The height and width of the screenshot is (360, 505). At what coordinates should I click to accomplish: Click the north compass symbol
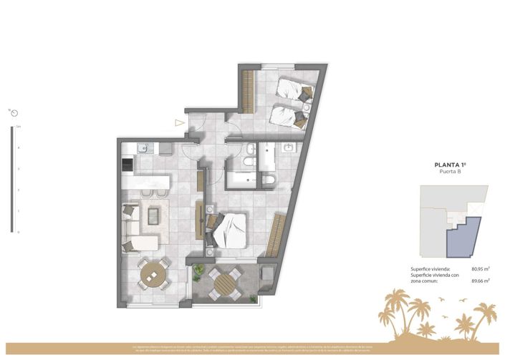click(14, 112)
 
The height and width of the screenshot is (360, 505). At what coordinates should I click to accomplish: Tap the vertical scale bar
click(11, 179)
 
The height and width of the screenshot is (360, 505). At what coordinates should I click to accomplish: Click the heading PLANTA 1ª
click(451, 165)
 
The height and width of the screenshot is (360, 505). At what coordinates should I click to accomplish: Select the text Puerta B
click(451, 172)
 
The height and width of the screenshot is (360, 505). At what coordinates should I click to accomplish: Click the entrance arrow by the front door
click(179, 122)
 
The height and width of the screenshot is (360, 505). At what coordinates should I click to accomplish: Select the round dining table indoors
click(153, 273)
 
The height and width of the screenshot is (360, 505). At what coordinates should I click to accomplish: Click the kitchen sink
click(142, 148)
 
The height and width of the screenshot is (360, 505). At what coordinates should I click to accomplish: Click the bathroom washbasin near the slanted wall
click(289, 148)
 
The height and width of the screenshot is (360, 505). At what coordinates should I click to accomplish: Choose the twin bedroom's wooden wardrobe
click(248, 92)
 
